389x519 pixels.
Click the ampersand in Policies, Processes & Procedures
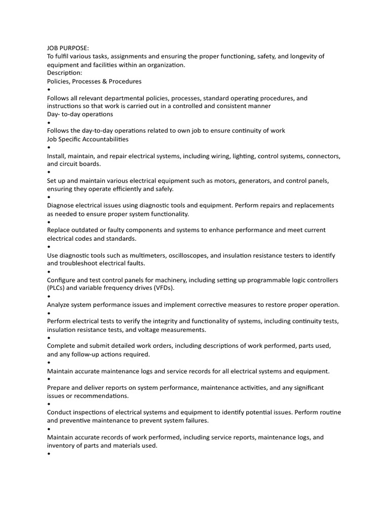[x=108, y=81]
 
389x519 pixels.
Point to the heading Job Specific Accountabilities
[x=88, y=139]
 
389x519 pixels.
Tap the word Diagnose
[x=61, y=205]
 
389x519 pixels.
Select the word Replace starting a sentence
[x=59, y=230]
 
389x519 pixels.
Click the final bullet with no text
[x=49, y=454]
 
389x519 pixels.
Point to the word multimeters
[x=136, y=255]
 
